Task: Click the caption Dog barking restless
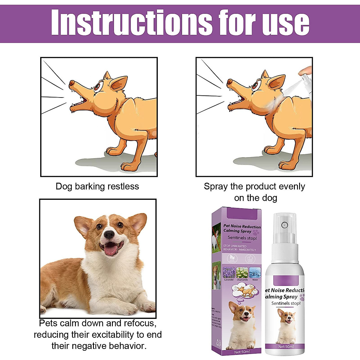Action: pyautogui.click(x=97, y=186)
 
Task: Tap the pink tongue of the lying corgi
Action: pyautogui.click(x=110, y=250)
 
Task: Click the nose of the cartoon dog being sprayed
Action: pyautogui.click(x=229, y=82)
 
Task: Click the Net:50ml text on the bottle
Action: pyautogui.click(x=286, y=346)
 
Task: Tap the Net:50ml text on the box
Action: pyautogui.click(x=242, y=352)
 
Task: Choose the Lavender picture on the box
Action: pyautogui.click(x=229, y=273)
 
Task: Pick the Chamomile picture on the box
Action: pyautogui.click(x=242, y=273)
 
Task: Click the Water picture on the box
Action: pyautogui.click(x=255, y=273)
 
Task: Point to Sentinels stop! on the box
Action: pyautogui.click(x=242, y=238)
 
